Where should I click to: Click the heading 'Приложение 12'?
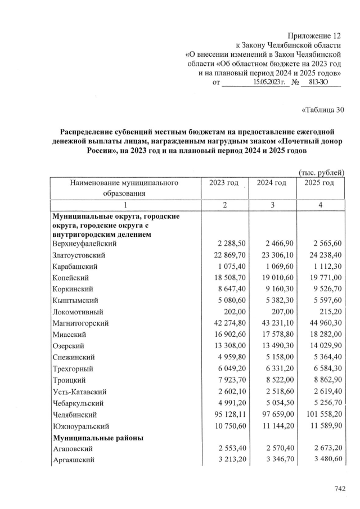point(314,35)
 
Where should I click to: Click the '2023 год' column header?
point(224,183)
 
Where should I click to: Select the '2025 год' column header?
point(319,183)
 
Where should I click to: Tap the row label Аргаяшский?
point(73,460)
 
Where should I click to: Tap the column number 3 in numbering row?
point(272,205)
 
